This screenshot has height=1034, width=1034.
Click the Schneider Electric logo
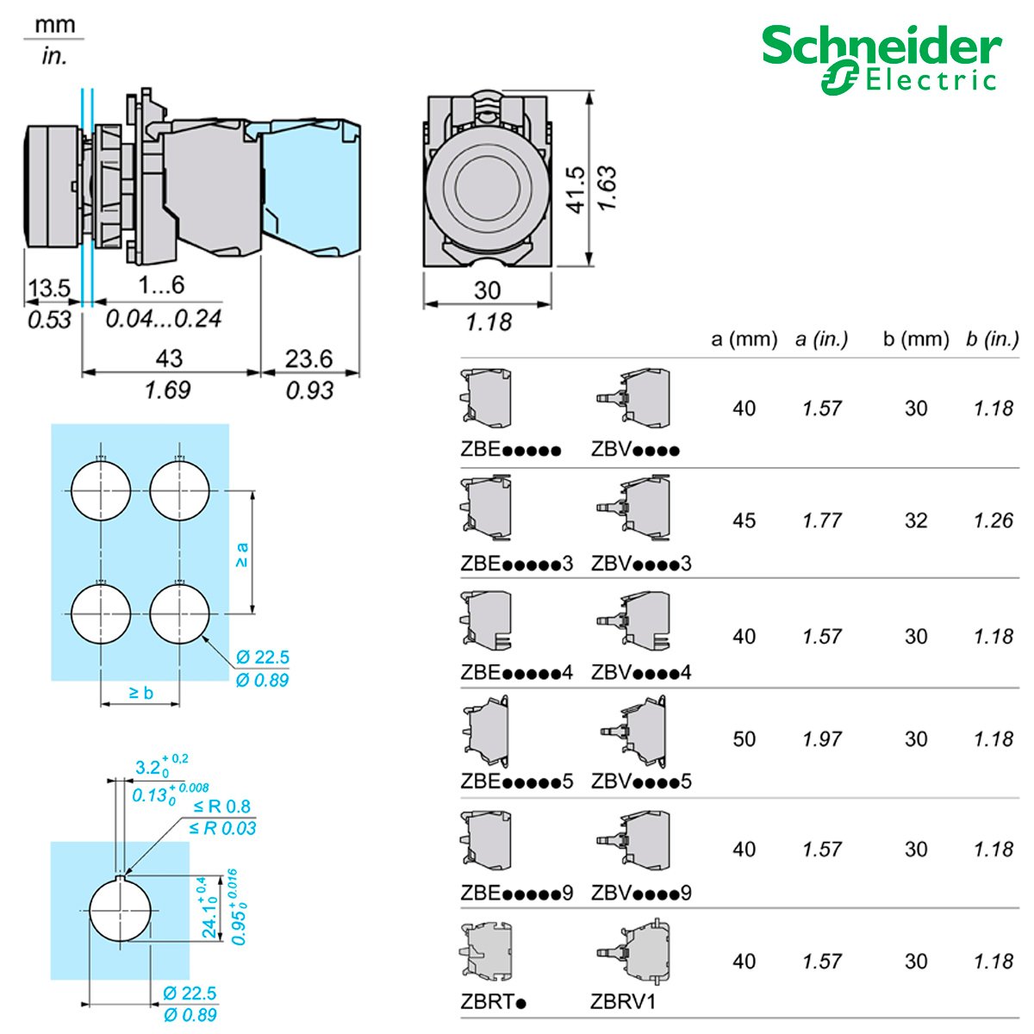881,59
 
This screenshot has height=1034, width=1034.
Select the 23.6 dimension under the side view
308,358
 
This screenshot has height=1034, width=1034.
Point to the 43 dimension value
169,358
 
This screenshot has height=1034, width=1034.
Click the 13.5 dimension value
49,289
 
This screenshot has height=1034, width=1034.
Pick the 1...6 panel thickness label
161,285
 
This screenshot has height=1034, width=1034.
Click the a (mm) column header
744,339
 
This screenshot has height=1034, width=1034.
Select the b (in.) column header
992,339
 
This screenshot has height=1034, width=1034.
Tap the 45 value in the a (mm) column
744,520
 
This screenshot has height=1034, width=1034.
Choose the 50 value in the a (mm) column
744,739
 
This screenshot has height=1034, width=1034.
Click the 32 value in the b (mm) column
916,520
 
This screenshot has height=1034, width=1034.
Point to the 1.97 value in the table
821,739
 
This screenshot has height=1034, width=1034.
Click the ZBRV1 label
623,1002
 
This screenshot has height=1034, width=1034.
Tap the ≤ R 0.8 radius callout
221,807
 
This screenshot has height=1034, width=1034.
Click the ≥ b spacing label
140,692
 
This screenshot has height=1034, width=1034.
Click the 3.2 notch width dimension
149,768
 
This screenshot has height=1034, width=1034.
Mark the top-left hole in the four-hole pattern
101,490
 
